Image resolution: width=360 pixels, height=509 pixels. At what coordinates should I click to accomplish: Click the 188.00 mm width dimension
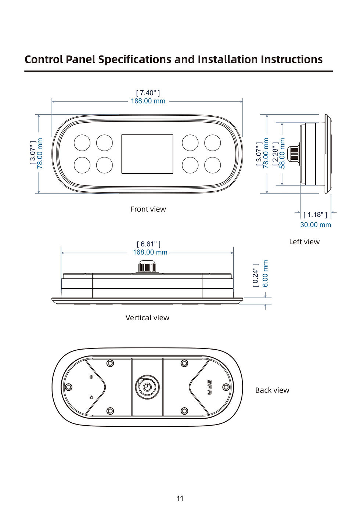pyautogui.click(x=148, y=101)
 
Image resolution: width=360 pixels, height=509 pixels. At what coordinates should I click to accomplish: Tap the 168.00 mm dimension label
pyautogui.click(x=150, y=252)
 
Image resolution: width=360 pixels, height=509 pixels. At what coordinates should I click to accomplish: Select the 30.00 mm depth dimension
pyautogui.click(x=315, y=225)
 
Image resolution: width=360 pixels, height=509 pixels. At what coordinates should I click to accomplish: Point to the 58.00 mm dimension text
pyautogui.click(x=282, y=154)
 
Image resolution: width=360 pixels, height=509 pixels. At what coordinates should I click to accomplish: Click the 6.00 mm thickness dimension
pyautogui.click(x=266, y=274)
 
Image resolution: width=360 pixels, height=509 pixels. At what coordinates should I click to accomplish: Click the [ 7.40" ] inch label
pyautogui.click(x=148, y=93)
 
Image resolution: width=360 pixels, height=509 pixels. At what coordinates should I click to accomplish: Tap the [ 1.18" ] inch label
pyautogui.click(x=315, y=214)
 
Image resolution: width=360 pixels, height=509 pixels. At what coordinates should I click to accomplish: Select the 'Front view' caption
pyautogui.click(x=148, y=209)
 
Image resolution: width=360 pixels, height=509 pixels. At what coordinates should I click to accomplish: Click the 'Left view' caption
pyautogui.click(x=304, y=242)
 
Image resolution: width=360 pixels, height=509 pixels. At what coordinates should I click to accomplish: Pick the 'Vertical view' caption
pyautogui.click(x=147, y=318)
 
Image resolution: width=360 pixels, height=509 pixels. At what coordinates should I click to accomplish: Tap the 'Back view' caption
pyautogui.click(x=272, y=390)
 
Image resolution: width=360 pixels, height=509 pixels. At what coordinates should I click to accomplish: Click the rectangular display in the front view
pyautogui.click(x=147, y=154)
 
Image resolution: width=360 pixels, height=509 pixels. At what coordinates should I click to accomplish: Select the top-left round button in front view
pyautogui.click(x=82, y=143)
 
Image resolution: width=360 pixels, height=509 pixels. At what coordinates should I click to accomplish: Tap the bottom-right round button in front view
pyautogui.click(x=212, y=165)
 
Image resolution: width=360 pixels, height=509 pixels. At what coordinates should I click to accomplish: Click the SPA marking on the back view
pyautogui.click(x=209, y=387)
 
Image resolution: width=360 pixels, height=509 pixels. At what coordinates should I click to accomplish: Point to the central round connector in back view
pyautogui.click(x=147, y=387)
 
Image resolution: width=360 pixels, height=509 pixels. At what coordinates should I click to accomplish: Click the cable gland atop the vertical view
pyautogui.click(x=147, y=267)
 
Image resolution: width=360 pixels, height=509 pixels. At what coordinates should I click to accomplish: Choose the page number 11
pyautogui.click(x=180, y=498)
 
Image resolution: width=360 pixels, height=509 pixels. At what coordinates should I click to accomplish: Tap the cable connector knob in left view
pyautogui.click(x=294, y=154)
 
